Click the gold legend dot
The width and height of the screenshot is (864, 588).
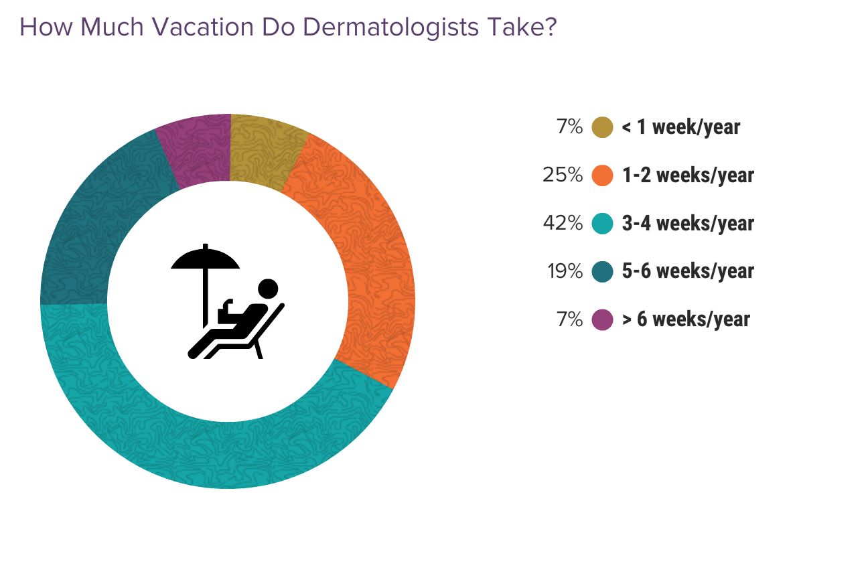(x=603, y=127)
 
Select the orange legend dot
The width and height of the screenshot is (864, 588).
(x=603, y=175)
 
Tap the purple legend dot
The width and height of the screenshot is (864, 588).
(x=603, y=319)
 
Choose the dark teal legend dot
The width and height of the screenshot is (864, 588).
(x=603, y=271)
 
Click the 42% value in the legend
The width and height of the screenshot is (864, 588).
(x=563, y=223)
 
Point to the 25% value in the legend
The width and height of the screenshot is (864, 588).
(x=563, y=175)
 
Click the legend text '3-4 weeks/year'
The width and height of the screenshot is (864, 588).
(x=688, y=223)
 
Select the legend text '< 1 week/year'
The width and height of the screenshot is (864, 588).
(x=680, y=127)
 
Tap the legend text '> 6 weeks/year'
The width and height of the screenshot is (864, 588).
(x=686, y=319)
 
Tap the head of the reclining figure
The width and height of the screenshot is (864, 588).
(x=268, y=289)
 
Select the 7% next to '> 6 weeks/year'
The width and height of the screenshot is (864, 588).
(x=569, y=319)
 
